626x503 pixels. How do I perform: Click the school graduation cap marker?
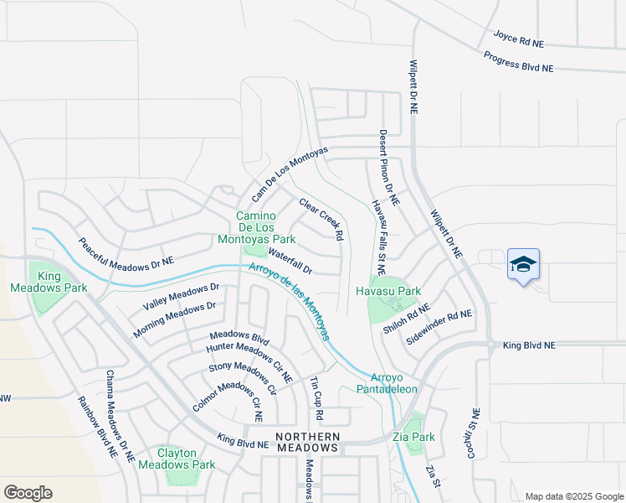click(x=523, y=265)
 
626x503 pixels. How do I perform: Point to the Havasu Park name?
click(x=387, y=291)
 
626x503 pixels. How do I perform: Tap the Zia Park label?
click(x=413, y=437)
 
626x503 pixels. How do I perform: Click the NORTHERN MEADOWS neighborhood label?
click(x=308, y=442)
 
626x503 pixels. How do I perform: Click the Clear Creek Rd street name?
click(x=321, y=220)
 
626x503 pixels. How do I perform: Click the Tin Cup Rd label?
click(x=316, y=398)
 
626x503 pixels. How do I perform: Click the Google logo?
click(x=28, y=492)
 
